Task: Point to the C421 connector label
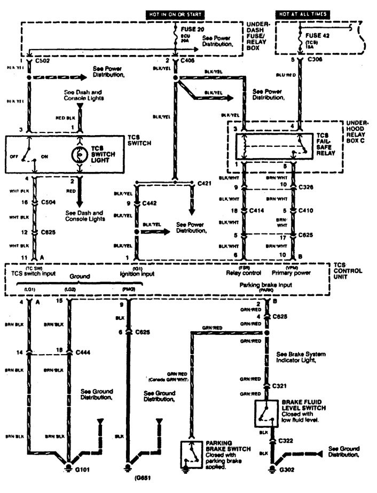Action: click(205, 183)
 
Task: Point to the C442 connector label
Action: click(151, 203)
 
